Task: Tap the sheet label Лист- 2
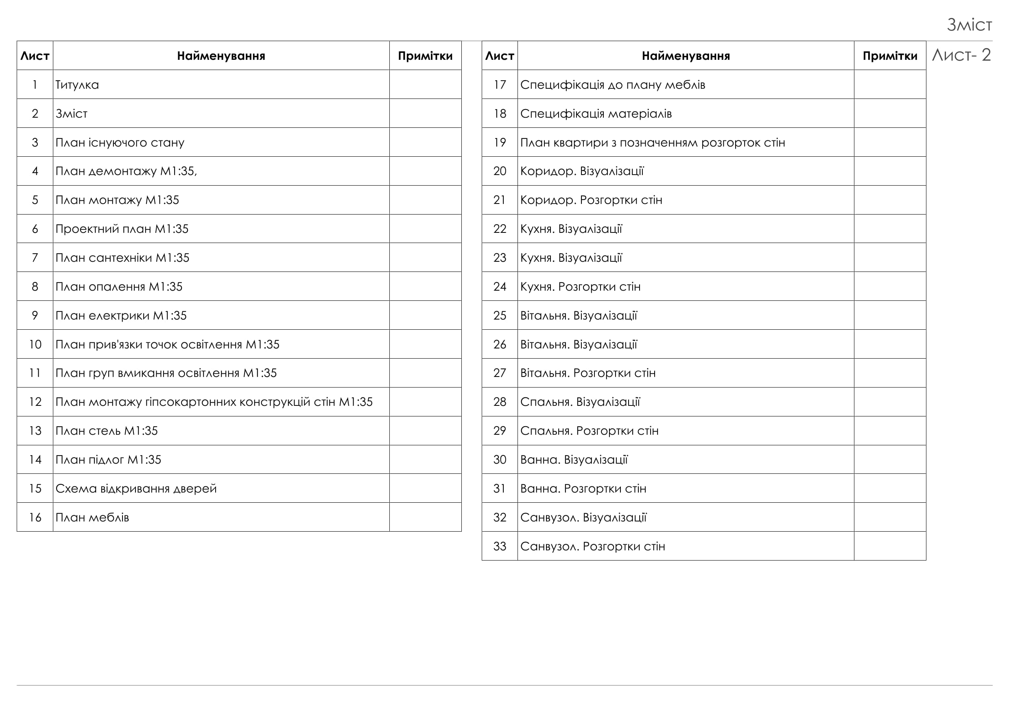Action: [x=961, y=55]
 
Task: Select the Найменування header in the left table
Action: [x=221, y=56]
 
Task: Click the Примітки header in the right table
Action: [x=890, y=56]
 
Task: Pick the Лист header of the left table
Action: [x=35, y=56]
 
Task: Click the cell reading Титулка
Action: [x=77, y=84]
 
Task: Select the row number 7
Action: [x=35, y=258]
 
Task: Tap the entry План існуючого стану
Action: [x=120, y=142]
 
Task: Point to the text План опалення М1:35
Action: [x=119, y=287]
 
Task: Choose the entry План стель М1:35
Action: [x=106, y=431]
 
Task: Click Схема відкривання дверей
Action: [x=136, y=488]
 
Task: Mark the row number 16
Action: [x=35, y=517]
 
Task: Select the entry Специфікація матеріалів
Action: [x=596, y=114]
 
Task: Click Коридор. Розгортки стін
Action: [x=591, y=200]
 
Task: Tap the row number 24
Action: [x=500, y=287]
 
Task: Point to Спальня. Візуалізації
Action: [x=580, y=402]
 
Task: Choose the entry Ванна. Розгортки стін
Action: [x=583, y=488]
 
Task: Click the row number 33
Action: [x=500, y=547]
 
